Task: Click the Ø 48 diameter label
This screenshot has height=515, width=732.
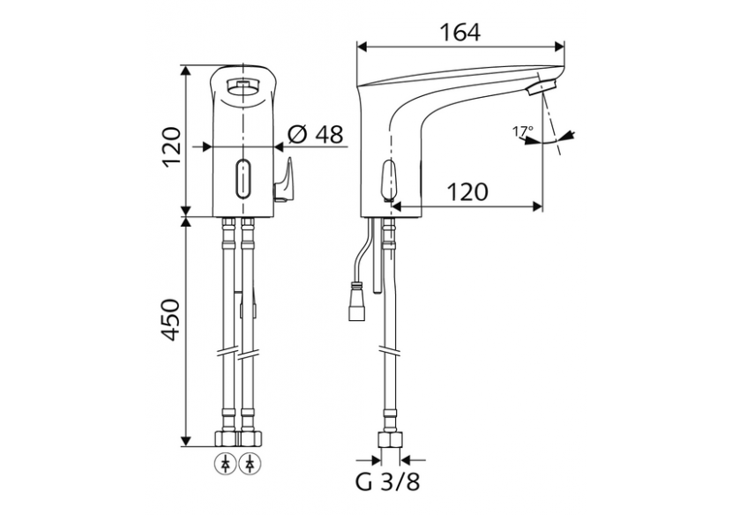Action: (x=315, y=134)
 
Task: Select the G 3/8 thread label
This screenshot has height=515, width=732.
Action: (x=388, y=483)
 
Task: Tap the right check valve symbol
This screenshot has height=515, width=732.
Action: (x=253, y=461)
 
